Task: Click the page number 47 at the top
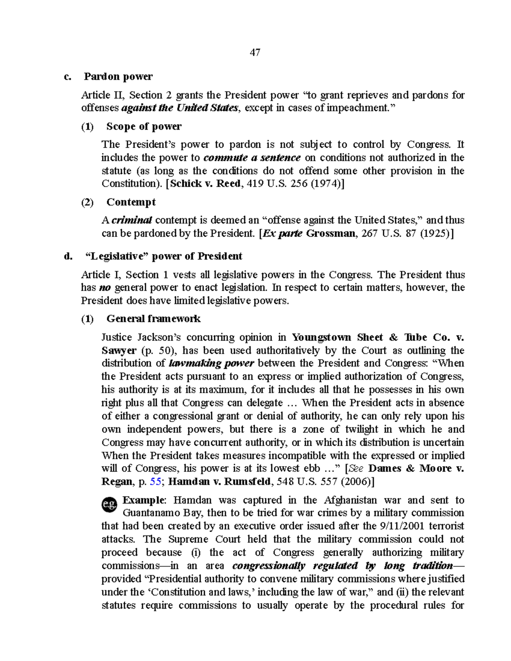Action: point(255,52)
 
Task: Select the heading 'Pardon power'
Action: point(118,77)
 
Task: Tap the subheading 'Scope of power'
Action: point(144,126)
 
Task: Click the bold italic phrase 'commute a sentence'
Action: point(252,158)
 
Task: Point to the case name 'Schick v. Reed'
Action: point(205,184)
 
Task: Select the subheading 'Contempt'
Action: point(131,202)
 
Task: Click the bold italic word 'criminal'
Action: point(132,220)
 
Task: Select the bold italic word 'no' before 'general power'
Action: point(104,288)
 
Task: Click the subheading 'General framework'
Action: point(153,319)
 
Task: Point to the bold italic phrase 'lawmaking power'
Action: point(212,363)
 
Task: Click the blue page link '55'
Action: point(155,482)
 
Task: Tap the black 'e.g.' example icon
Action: point(109,505)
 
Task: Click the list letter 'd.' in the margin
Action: point(68,256)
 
